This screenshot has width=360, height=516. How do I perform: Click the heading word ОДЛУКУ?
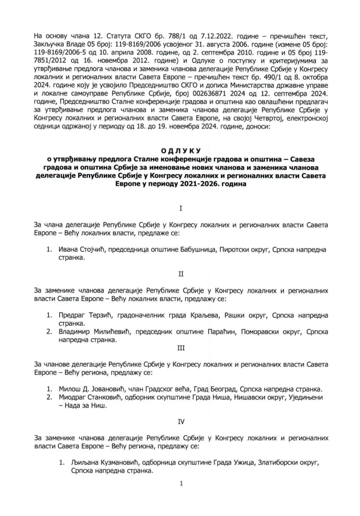click(x=180, y=150)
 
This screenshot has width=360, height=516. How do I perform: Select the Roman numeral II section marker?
click(x=181, y=273)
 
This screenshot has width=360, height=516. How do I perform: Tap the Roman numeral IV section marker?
click(x=180, y=420)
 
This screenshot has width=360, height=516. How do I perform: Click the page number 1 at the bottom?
click(x=180, y=483)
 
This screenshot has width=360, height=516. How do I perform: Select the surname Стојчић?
click(x=93, y=250)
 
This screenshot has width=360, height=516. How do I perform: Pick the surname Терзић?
click(x=100, y=316)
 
